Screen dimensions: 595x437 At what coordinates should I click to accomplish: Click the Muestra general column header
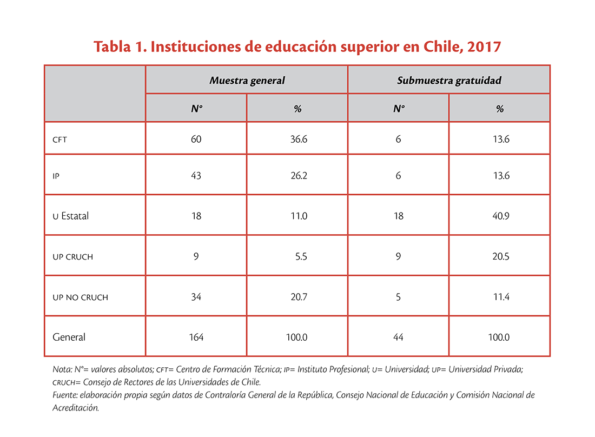click(247, 81)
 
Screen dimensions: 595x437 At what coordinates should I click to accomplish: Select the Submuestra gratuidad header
click(449, 81)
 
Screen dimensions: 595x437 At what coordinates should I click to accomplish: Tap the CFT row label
click(59, 140)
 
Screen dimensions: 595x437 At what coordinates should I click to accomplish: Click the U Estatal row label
click(70, 216)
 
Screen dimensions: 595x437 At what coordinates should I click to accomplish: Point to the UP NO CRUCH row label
click(81, 297)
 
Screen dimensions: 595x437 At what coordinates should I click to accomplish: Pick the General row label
click(69, 337)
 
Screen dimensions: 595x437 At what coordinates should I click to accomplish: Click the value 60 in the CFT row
click(196, 139)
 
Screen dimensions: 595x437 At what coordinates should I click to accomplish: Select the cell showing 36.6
click(299, 139)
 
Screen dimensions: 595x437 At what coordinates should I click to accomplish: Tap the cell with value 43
click(196, 176)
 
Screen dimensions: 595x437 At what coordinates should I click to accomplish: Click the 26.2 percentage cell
click(299, 176)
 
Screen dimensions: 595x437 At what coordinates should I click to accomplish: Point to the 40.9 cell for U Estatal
click(501, 216)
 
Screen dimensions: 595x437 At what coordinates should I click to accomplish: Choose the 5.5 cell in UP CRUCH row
click(301, 256)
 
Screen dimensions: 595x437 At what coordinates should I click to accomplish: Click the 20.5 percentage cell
click(501, 256)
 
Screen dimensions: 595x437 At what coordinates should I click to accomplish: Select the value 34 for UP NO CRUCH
click(196, 296)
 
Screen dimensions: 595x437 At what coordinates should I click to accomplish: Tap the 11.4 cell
click(501, 296)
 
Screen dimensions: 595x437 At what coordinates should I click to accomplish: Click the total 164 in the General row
click(196, 337)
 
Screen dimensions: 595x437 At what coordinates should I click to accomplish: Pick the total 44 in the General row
click(398, 337)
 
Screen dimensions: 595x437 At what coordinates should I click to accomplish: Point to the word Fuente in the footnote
click(65, 395)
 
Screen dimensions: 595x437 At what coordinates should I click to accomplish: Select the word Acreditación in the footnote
click(76, 408)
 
